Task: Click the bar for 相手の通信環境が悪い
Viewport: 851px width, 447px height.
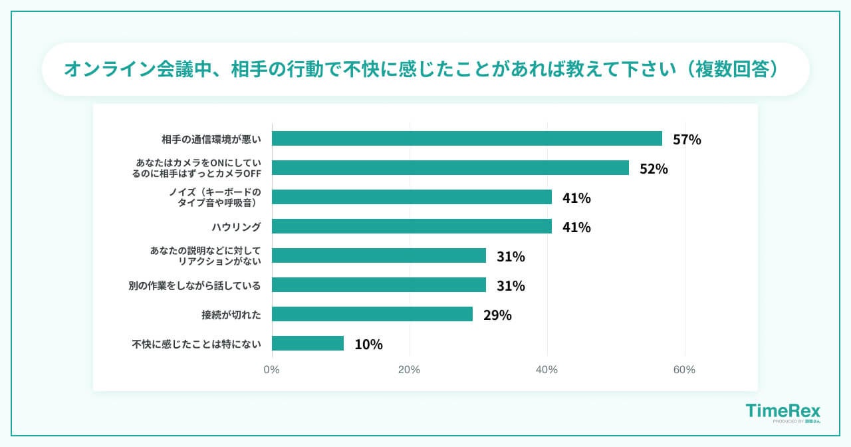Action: [x=467, y=138]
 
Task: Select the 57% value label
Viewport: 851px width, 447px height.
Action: [x=687, y=140]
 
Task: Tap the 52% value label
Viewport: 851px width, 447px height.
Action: [x=654, y=169]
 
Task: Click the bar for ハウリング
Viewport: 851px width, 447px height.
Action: [x=412, y=226]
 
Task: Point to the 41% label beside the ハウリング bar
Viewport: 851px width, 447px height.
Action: [x=576, y=227]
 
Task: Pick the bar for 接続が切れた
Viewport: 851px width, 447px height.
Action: [x=372, y=314]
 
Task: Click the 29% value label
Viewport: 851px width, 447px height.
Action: [x=497, y=315]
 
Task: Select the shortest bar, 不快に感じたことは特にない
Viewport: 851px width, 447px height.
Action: [x=308, y=343]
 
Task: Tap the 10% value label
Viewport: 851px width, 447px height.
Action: [x=368, y=345]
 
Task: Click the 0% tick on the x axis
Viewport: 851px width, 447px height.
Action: [x=272, y=370]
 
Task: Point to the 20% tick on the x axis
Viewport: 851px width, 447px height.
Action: [x=409, y=370]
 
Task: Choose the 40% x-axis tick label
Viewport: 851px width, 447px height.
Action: [x=547, y=370]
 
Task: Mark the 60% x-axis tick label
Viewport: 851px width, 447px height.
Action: [x=684, y=370]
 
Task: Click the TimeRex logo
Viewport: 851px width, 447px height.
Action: [x=783, y=412]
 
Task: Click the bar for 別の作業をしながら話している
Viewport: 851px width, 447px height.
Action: [x=379, y=285]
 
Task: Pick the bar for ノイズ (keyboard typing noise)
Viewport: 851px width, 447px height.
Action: [x=412, y=197]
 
